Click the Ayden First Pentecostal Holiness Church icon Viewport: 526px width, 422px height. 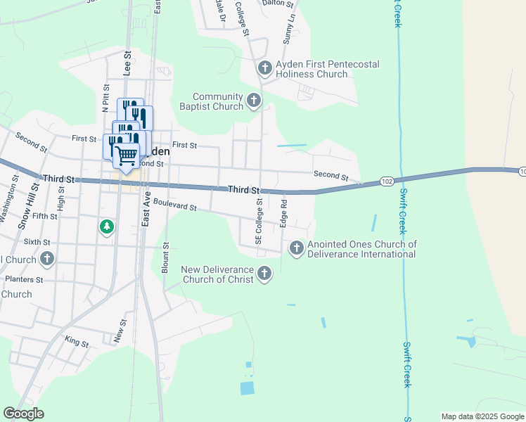[x=264, y=68]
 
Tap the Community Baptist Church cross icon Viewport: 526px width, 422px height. [x=254, y=102]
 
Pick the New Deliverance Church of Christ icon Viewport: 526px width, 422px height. [x=264, y=273]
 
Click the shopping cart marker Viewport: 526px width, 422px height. [x=127, y=155]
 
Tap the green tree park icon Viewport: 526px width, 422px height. [x=106, y=227]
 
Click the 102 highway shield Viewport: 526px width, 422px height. [x=386, y=181]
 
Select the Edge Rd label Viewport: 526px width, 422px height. [x=284, y=213]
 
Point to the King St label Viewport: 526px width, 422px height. [x=76, y=344]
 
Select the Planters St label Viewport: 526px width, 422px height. [x=24, y=279]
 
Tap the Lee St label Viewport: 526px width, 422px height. [x=127, y=63]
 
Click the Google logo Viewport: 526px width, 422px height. [x=23, y=414]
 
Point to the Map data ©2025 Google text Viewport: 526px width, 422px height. [x=482, y=416]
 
